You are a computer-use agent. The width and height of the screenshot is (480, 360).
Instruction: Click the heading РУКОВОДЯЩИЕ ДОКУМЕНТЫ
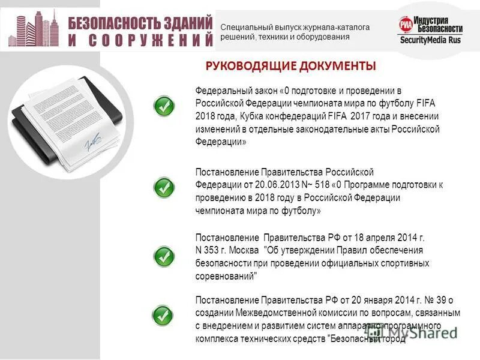(290, 65)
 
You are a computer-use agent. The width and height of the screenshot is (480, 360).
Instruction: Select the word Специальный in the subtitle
(242, 27)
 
